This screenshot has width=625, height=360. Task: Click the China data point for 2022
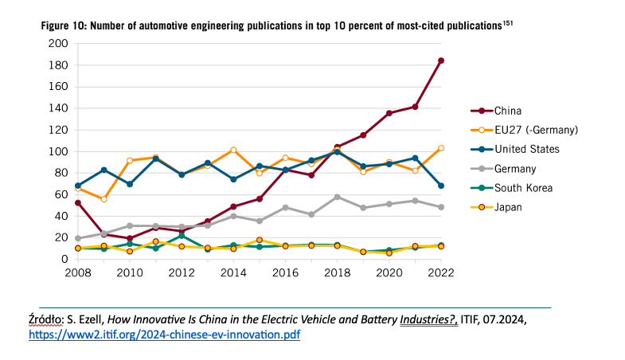440,61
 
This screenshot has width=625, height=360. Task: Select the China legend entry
509,111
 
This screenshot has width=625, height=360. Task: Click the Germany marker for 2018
337,197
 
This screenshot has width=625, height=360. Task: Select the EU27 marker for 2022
440,148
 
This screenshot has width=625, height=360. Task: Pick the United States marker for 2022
440,186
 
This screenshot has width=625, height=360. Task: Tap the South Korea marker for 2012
181,236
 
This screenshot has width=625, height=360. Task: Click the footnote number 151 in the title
507,23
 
